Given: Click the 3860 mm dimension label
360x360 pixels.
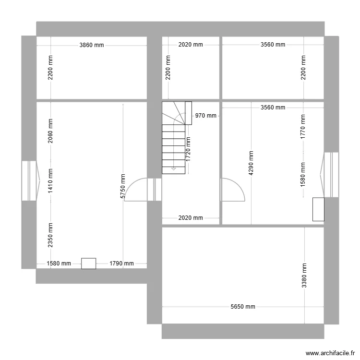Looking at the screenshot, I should [92, 45].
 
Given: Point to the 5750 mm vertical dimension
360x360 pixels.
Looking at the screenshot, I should [123, 186].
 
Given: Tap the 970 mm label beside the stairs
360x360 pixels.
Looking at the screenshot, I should [206, 116].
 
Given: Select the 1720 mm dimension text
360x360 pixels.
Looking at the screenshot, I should [188, 148].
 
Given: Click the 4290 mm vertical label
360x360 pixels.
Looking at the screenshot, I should [251, 163].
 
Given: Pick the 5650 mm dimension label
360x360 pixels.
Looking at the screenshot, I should [243, 307].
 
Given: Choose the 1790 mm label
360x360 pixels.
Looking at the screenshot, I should [121, 264].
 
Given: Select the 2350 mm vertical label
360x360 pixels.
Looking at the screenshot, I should [50, 235].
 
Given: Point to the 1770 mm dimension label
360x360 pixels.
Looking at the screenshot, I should [303, 126].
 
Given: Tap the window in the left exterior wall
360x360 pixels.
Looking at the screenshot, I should [30, 180].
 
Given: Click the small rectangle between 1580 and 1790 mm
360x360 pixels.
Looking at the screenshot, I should [88, 264].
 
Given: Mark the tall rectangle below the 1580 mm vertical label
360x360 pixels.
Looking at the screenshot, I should [318, 209].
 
